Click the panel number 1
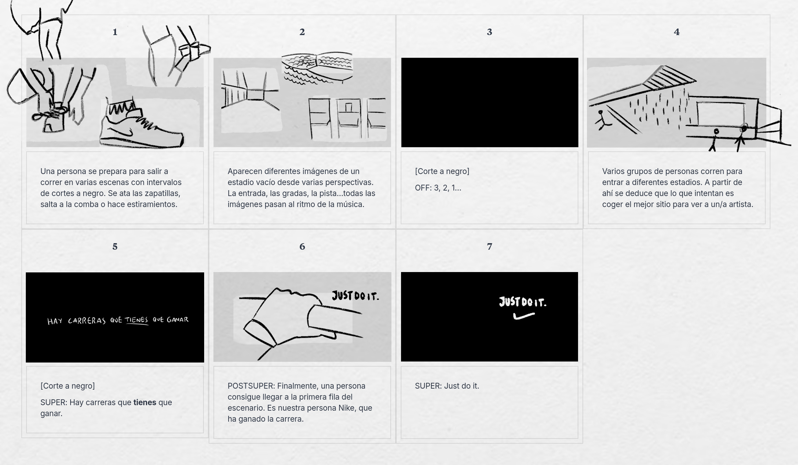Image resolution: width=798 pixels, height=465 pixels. (x=115, y=32)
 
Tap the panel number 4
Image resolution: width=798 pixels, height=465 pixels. (x=676, y=32)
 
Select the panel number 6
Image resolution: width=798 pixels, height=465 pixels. (x=302, y=247)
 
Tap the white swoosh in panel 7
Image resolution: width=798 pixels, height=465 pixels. (x=524, y=316)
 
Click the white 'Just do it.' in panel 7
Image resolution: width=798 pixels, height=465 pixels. (x=523, y=302)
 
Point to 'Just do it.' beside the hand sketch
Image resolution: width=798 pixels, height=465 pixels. (x=355, y=295)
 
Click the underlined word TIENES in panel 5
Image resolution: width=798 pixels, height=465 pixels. (x=137, y=320)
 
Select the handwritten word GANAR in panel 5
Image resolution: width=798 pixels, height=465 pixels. (x=178, y=320)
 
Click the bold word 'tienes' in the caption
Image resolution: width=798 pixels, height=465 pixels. (x=145, y=402)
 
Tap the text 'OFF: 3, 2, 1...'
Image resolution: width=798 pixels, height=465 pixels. (x=438, y=188)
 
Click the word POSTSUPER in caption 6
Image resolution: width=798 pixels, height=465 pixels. (x=251, y=386)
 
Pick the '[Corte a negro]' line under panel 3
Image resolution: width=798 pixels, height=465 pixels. (x=442, y=171)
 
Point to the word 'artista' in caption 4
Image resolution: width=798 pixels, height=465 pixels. (x=742, y=204)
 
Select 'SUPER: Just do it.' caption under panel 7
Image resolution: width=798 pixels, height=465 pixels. (x=447, y=386)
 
